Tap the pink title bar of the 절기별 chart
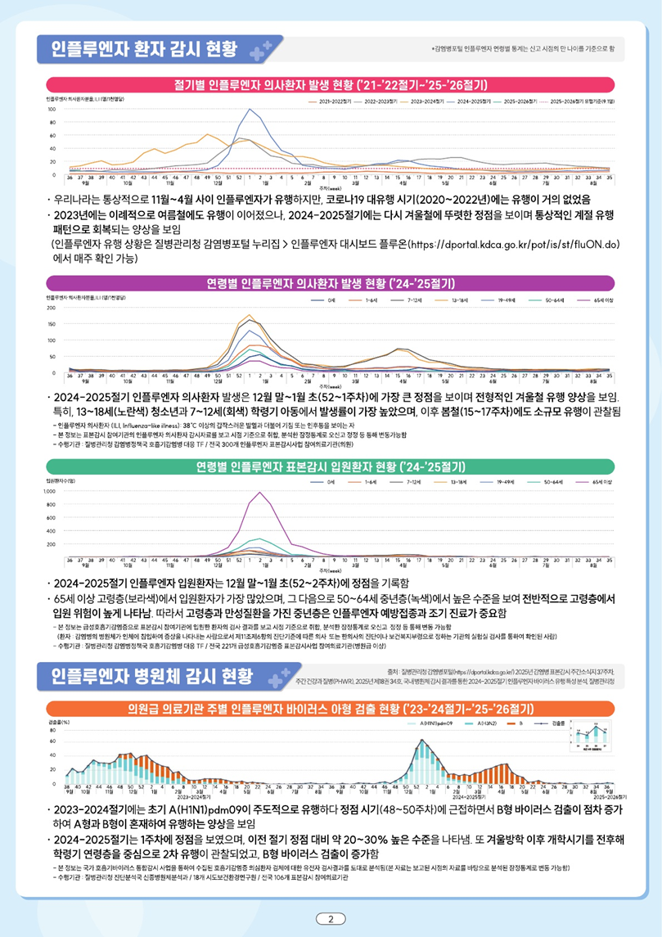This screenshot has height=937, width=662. point(331,84)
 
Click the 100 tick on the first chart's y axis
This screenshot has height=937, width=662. point(51,109)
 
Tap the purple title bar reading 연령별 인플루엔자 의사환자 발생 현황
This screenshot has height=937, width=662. point(331,285)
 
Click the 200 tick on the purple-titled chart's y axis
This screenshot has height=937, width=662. point(51,309)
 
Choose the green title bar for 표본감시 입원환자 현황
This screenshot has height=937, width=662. point(331,467)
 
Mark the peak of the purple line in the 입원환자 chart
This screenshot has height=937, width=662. point(259,492)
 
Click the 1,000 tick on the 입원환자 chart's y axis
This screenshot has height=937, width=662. point(49,492)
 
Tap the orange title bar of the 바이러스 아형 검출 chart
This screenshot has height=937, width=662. point(331,707)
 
